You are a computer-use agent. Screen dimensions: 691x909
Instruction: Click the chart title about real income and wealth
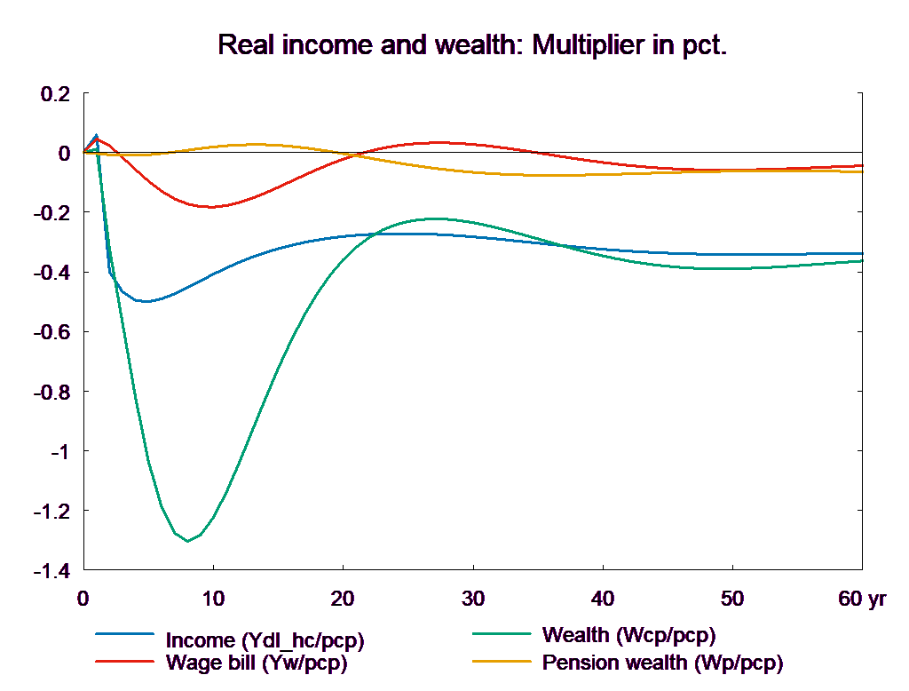472,45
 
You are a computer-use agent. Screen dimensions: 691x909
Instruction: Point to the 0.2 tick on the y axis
56,93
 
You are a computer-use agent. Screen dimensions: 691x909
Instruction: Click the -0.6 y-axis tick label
52,332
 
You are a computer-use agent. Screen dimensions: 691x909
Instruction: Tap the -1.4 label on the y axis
52,571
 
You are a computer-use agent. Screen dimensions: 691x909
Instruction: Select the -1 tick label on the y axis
59,452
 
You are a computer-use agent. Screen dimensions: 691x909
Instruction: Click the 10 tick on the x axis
213,599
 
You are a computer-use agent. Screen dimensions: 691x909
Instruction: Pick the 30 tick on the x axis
473,599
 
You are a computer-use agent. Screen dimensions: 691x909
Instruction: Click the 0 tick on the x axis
83,599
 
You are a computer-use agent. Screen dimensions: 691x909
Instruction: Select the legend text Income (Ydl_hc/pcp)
265,639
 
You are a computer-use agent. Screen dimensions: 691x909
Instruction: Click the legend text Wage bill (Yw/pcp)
257,663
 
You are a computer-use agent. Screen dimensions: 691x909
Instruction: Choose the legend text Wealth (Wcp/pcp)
628,635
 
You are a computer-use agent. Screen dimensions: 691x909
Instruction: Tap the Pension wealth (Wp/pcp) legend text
662,663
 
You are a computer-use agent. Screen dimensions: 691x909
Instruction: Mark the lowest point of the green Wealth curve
187,541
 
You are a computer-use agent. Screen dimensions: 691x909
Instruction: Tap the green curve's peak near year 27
435,218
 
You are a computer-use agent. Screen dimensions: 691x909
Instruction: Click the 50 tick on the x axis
732,599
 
